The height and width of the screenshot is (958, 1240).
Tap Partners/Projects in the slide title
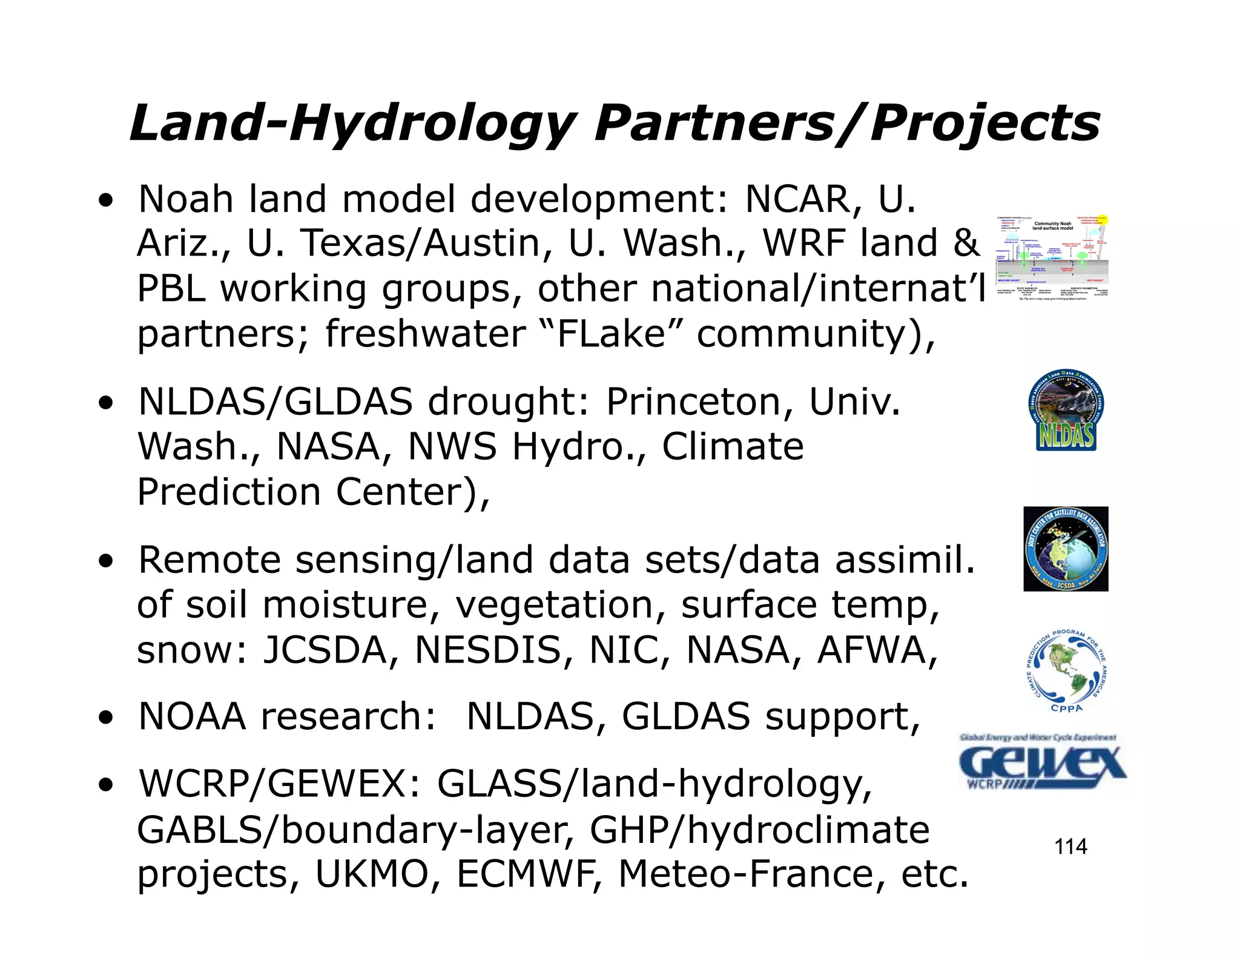[846, 124]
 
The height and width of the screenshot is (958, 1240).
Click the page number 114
[1070, 846]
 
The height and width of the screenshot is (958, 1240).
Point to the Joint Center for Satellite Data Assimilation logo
[1066, 549]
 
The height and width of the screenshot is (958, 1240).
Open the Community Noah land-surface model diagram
[1052, 257]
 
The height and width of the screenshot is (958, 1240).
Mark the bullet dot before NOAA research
[107, 718]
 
